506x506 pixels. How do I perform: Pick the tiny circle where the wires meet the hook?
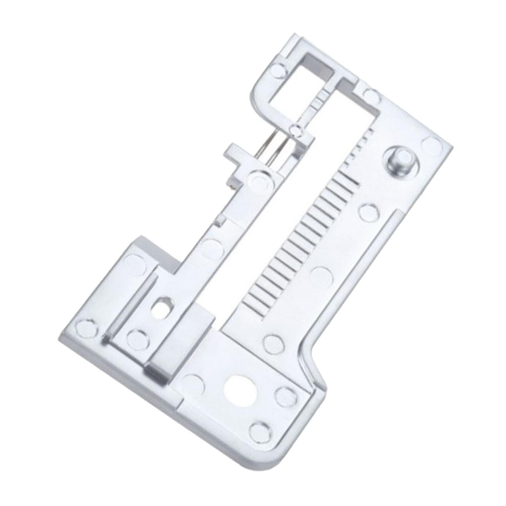pyautogui.click(x=296, y=130)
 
